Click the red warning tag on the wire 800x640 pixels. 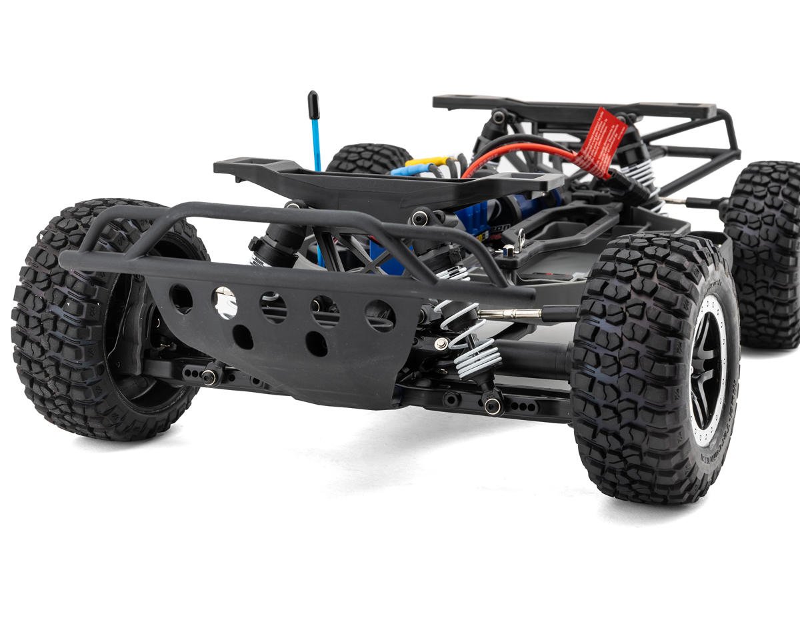(601, 141)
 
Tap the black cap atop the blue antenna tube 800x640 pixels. (313, 103)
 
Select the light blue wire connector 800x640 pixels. (408, 170)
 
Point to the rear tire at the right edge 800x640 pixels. (763, 253)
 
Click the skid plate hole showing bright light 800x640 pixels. (225, 302)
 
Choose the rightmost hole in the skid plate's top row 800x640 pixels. (380, 315)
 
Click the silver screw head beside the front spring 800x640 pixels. (441, 343)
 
